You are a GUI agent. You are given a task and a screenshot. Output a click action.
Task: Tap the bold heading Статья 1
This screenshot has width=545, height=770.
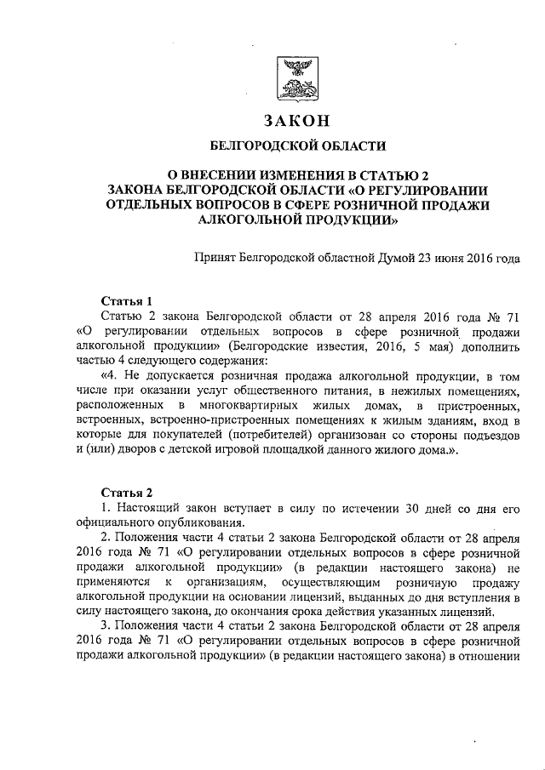pyautogui.click(x=127, y=301)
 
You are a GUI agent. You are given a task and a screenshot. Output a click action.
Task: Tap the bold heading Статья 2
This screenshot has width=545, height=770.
pyautogui.click(x=127, y=493)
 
